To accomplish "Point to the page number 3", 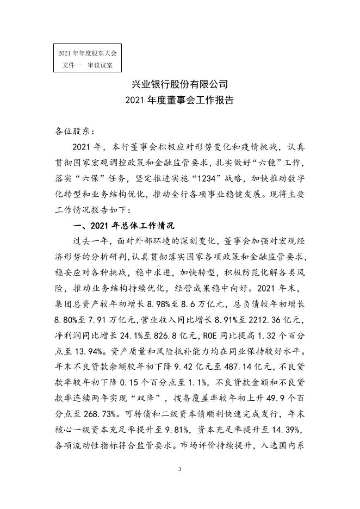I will click(x=179, y=468).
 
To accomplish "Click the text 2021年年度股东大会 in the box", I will click(x=88, y=53).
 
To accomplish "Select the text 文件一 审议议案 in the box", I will click(x=88, y=65).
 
